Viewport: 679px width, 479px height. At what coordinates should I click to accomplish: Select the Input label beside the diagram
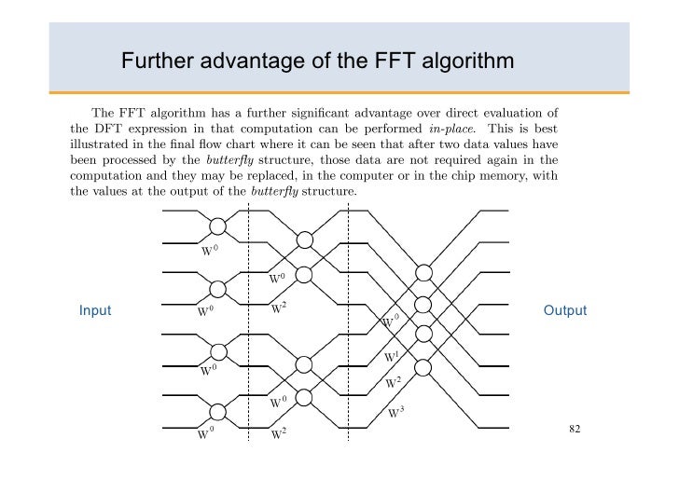coord(95,310)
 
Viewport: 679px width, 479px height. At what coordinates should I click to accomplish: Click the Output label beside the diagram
coord(565,310)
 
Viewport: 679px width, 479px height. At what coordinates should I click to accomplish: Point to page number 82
coord(575,429)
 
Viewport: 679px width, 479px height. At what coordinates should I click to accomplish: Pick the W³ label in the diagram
coord(395,414)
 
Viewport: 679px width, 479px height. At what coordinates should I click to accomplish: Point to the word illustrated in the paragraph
coord(102,144)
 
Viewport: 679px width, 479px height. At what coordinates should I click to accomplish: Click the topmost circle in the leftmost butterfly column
coord(218,226)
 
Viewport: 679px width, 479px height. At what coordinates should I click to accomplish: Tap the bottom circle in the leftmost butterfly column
coord(218,412)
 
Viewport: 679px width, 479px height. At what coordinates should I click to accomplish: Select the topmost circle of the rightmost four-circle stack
coord(424,273)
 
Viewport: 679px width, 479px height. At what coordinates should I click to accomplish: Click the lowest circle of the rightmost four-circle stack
coord(424,365)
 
